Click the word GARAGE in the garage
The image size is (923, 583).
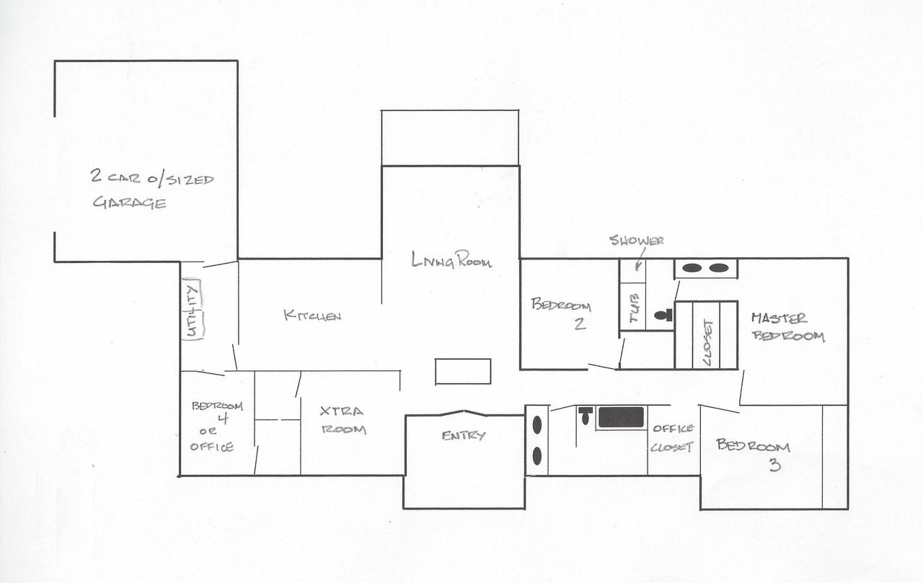[x=129, y=203]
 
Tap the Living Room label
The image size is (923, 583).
[x=451, y=260]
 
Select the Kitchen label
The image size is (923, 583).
[x=312, y=316]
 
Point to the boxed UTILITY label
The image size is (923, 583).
[x=193, y=310]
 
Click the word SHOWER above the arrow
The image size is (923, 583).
[x=637, y=241]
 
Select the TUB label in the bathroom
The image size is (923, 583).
[x=634, y=308]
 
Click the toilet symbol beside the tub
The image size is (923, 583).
[x=663, y=316]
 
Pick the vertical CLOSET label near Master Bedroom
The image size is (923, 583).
[x=707, y=342]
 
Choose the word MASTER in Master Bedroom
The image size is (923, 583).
[x=780, y=319]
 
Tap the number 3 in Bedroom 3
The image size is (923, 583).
[x=774, y=465]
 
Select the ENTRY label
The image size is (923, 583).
[x=463, y=435]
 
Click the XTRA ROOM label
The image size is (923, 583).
[x=343, y=420]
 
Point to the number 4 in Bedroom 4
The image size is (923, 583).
[x=223, y=419]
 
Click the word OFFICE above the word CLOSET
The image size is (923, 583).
[x=674, y=428]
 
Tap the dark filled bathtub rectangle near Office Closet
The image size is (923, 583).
[x=621, y=417]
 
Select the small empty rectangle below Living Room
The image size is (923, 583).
[x=463, y=371]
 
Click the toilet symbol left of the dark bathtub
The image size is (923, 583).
[x=585, y=415]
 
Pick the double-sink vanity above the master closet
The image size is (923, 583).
[x=706, y=269]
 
